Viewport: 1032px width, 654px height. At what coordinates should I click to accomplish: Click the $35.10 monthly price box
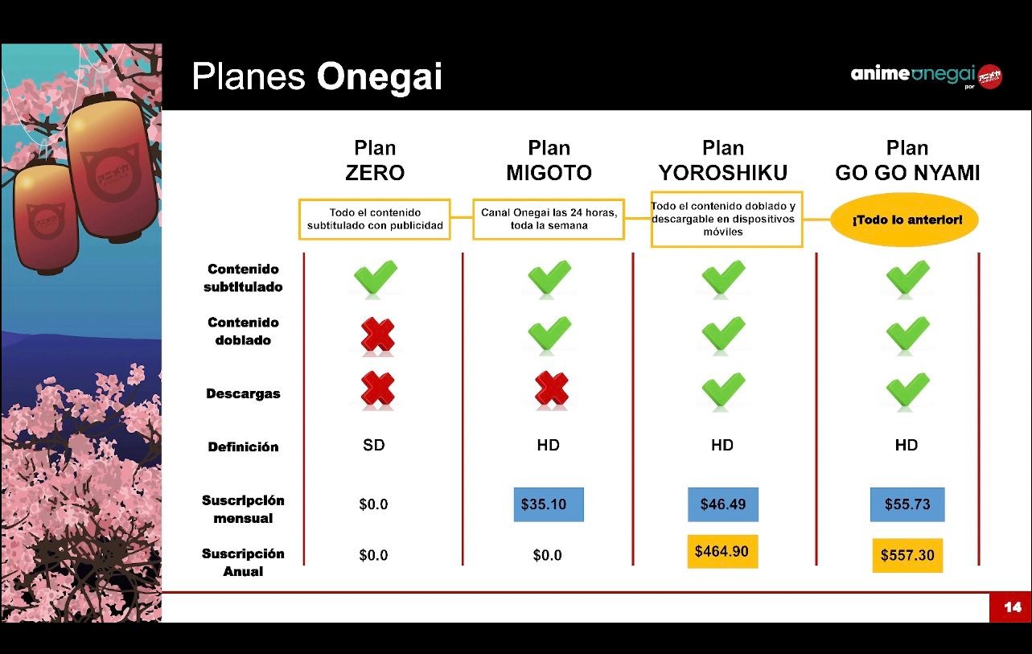(549, 504)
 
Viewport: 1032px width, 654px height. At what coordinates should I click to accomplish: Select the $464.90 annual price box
(722, 551)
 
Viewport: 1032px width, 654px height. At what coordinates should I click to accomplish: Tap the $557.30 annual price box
(907, 555)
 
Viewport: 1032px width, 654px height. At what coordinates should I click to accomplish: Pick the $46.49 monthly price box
(723, 504)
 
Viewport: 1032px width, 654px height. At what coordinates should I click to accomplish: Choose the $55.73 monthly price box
(907, 504)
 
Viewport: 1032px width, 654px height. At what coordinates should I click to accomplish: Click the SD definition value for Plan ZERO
(374, 445)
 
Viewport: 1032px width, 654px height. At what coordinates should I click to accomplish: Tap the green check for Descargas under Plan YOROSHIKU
(723, 389)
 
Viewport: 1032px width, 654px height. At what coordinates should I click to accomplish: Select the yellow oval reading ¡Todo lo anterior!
(904, 220)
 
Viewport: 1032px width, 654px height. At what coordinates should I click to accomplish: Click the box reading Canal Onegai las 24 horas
(549, 220)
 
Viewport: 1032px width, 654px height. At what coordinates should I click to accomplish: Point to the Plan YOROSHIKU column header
(723, 160)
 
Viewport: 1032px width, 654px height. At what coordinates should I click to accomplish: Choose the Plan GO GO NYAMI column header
(907, 160)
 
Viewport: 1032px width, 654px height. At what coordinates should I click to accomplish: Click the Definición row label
(243, 446)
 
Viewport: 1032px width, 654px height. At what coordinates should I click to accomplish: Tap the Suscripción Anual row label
(243, 562)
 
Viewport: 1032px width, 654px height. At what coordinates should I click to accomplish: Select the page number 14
(1013, 607)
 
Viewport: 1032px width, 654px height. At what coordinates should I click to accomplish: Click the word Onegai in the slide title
(379, 76)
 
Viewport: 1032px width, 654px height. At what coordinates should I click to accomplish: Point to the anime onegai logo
(926, 76)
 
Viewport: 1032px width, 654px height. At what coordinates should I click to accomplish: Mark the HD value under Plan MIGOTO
(549, 445)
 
